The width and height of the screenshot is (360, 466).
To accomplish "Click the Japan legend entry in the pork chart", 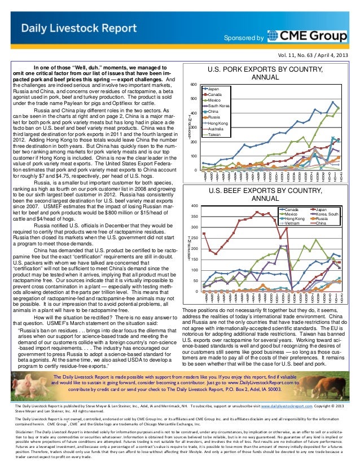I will (213, 89).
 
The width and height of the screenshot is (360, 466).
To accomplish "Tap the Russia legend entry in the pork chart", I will (214, 117).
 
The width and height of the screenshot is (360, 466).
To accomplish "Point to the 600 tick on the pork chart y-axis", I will (193, 85).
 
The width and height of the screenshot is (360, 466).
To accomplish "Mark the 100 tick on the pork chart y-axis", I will (193, 156).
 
